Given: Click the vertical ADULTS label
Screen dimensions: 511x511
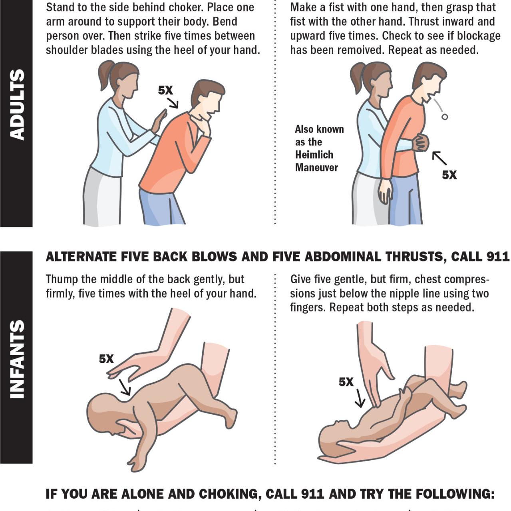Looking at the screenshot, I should tap(17, 105).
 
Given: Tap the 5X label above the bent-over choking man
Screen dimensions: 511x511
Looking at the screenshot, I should tap(165, 90).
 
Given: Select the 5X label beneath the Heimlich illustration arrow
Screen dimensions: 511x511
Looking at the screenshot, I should tap(449, 175).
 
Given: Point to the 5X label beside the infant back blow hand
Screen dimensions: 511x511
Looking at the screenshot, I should tap(106, 359).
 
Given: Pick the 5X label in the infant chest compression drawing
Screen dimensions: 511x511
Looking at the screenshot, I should tap(346, 382).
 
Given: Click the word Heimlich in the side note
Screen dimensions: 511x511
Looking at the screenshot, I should tap(314, 155).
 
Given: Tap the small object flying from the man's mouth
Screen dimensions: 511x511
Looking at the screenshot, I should tap(445, 117).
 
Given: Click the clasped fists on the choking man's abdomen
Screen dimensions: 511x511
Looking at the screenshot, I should tap(420, 143).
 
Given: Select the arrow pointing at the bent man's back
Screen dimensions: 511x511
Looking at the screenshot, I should tap(173, 103).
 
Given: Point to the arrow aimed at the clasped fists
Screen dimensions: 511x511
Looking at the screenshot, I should tap(439, 158).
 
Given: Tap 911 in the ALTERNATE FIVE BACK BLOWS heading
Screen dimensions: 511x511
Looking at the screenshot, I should tap(497, 256).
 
